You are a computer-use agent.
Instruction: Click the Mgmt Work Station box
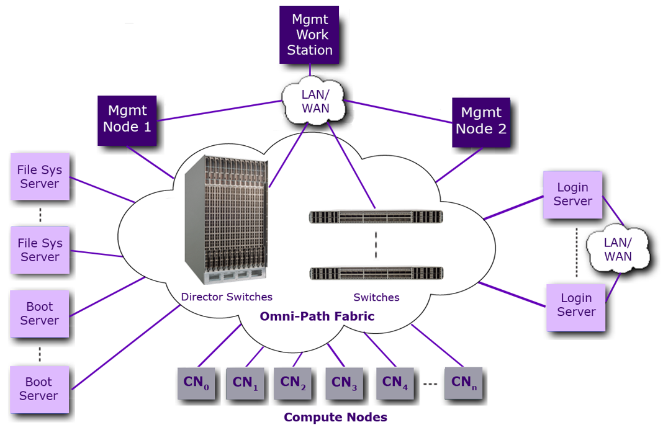coord(309,35)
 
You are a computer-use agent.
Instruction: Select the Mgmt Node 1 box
coord(127,120)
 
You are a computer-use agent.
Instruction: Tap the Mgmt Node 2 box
coord(481,122)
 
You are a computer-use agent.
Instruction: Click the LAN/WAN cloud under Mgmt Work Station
coord(315,101)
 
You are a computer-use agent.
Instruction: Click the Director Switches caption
coord(227,297)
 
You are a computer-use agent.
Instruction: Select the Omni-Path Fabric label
coord(317,316)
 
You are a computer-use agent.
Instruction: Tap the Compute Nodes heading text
coord(335,417)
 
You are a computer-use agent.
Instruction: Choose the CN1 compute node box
coord(245,384)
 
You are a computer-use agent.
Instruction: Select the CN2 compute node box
coord(294,383)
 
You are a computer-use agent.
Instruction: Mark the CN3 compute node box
coord(345,384)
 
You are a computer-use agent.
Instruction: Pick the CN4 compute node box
coord(395,383)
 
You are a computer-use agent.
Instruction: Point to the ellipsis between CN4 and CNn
coord(430,384)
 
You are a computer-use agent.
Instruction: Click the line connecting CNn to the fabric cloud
coord(438,345)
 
